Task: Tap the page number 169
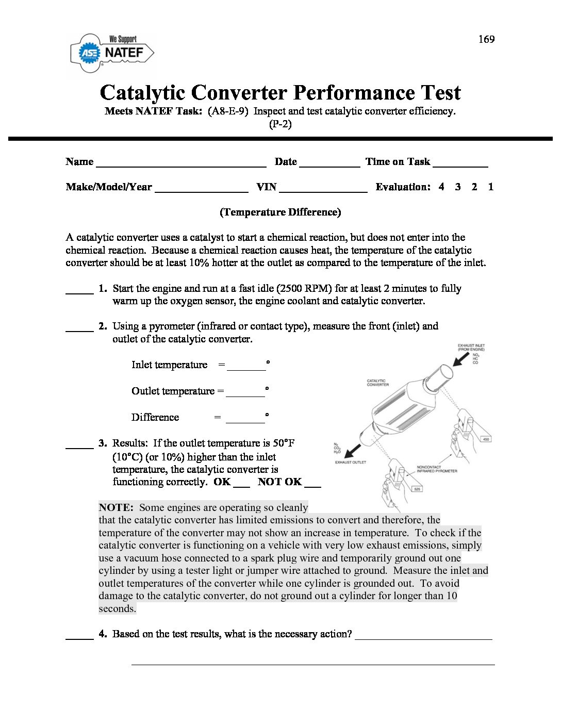coord(486,39)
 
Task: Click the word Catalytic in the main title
coord(142,93)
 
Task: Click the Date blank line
coord(329,164)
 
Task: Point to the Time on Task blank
coord(460,164)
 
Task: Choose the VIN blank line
coord(323,189)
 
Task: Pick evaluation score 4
coord(441,187)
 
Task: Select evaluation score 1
coord(490,187)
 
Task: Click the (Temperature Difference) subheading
coord(280,212)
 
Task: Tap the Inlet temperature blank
coord(246,367)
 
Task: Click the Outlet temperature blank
coord(245,393)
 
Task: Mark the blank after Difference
coord(245,420)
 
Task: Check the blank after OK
coord(241,484)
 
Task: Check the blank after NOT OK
coord(312,484)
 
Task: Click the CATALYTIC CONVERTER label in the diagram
coord(378,383)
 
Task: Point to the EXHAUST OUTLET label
coord(351,462)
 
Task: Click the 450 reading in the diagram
coord(486,439)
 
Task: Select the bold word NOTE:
coord(116,507)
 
